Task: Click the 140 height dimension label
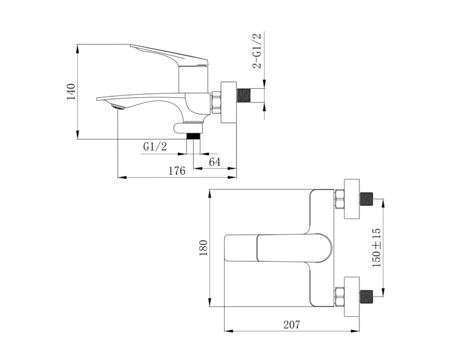click(71, 92)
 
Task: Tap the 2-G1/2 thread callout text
click(257, 51)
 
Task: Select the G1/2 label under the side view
click(155, 146)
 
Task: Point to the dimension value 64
click(215, 162)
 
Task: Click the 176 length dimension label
click(177, 171)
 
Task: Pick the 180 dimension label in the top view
click(203, 248)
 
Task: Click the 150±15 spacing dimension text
click(376, 248)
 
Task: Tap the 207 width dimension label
click(292, 325)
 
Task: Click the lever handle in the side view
click(169, 55)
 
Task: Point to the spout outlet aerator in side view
click(118, 107)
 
